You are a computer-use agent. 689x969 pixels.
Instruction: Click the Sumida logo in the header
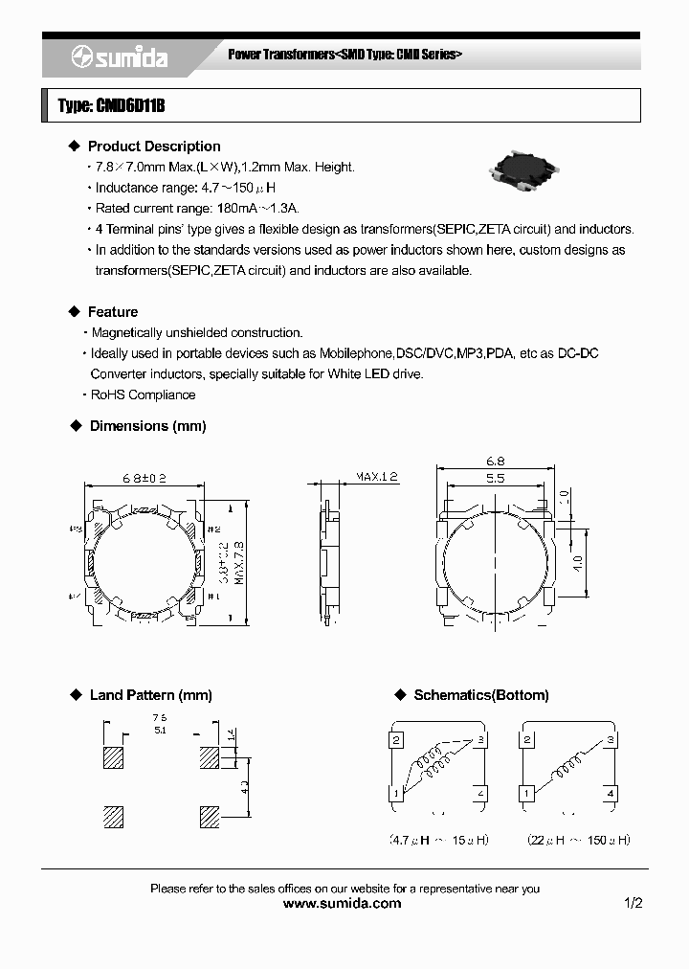point(119,58)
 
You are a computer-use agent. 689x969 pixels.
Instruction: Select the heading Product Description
point(153,146)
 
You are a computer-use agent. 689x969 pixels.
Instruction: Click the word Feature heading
point(112,312)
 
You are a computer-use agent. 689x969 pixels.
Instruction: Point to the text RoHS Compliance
point(143,394)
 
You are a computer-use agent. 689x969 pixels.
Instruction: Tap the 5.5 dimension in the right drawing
point(495,479)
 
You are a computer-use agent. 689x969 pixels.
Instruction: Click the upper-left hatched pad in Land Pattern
point(114,758)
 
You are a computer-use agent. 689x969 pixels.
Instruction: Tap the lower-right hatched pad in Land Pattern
point(209,817)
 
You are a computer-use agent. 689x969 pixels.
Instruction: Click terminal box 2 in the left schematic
point(395,739)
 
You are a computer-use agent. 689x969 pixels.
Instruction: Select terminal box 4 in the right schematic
point(611,794)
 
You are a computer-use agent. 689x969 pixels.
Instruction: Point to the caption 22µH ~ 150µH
point(578,840)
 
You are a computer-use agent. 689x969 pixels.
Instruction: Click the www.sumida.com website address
point(344,903)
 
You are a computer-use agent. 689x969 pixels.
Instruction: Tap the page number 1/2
point(632,903)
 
